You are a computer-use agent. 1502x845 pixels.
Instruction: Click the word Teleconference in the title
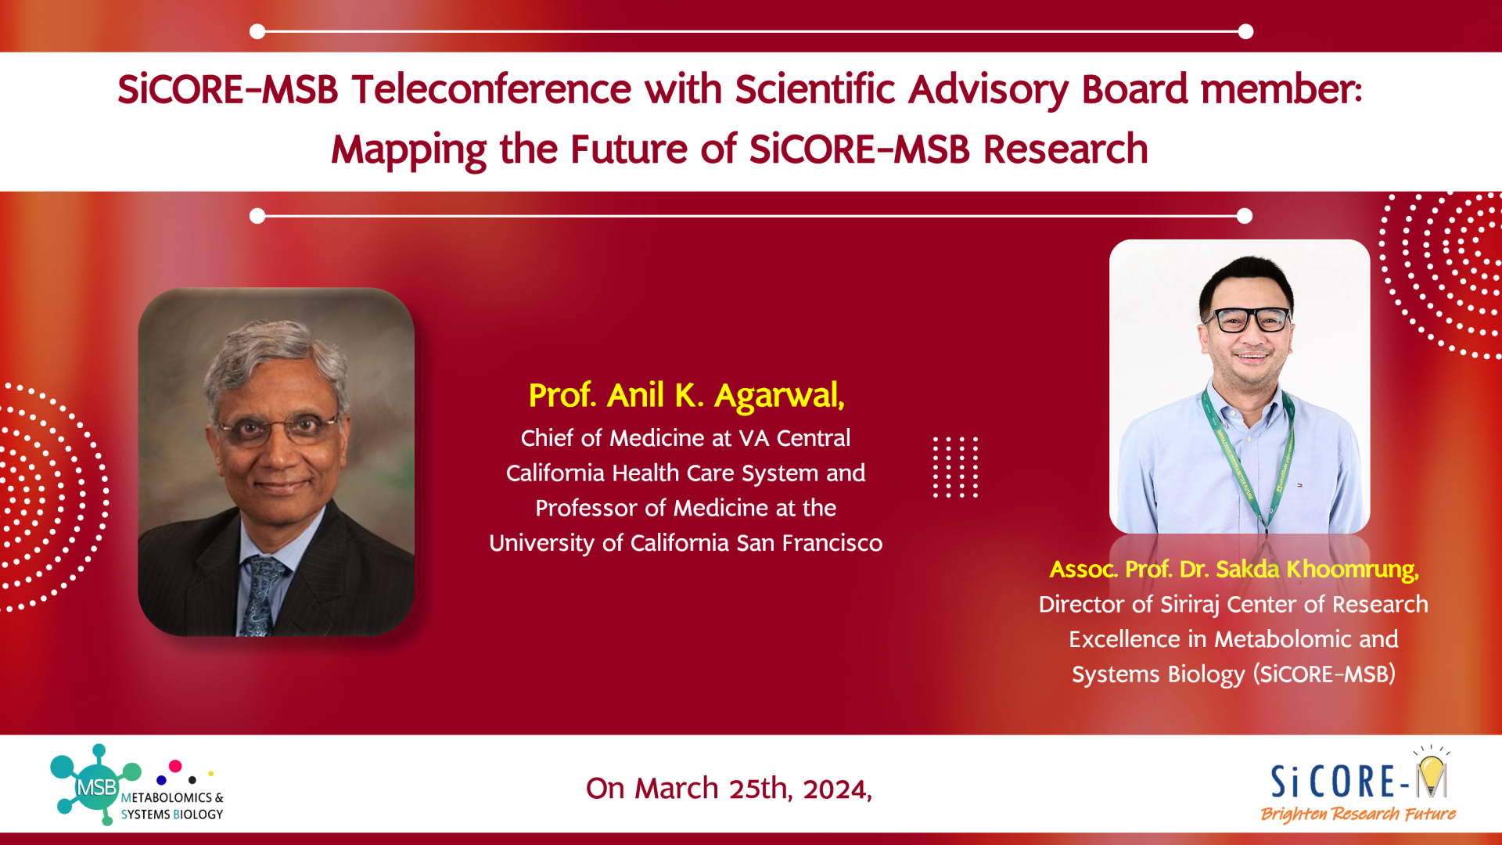click(x=490, y=88)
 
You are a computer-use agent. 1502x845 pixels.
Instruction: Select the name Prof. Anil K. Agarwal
click(x=686, y=396)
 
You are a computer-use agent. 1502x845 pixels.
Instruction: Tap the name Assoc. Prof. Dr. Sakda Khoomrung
click(x=1234, y=570)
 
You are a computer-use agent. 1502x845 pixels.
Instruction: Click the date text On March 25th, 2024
click(x=728, y=788)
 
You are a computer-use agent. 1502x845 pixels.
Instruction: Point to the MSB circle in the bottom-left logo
click(x=96, y=787)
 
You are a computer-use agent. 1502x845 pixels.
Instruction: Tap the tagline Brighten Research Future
click(x=1357, y=814)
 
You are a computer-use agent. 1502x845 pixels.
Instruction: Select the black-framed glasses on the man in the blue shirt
click(x=1248, y=318)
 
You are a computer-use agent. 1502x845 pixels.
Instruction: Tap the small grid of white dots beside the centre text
click(x=955, y=467)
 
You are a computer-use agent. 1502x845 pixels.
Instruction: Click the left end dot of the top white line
click(x=257, y=31)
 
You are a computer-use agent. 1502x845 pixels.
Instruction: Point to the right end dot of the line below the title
click(x=1245, y=216)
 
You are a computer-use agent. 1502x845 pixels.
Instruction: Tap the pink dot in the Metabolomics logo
click(x=175, y=766)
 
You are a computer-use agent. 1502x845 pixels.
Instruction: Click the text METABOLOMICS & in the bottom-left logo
click(x=172, y=797)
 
